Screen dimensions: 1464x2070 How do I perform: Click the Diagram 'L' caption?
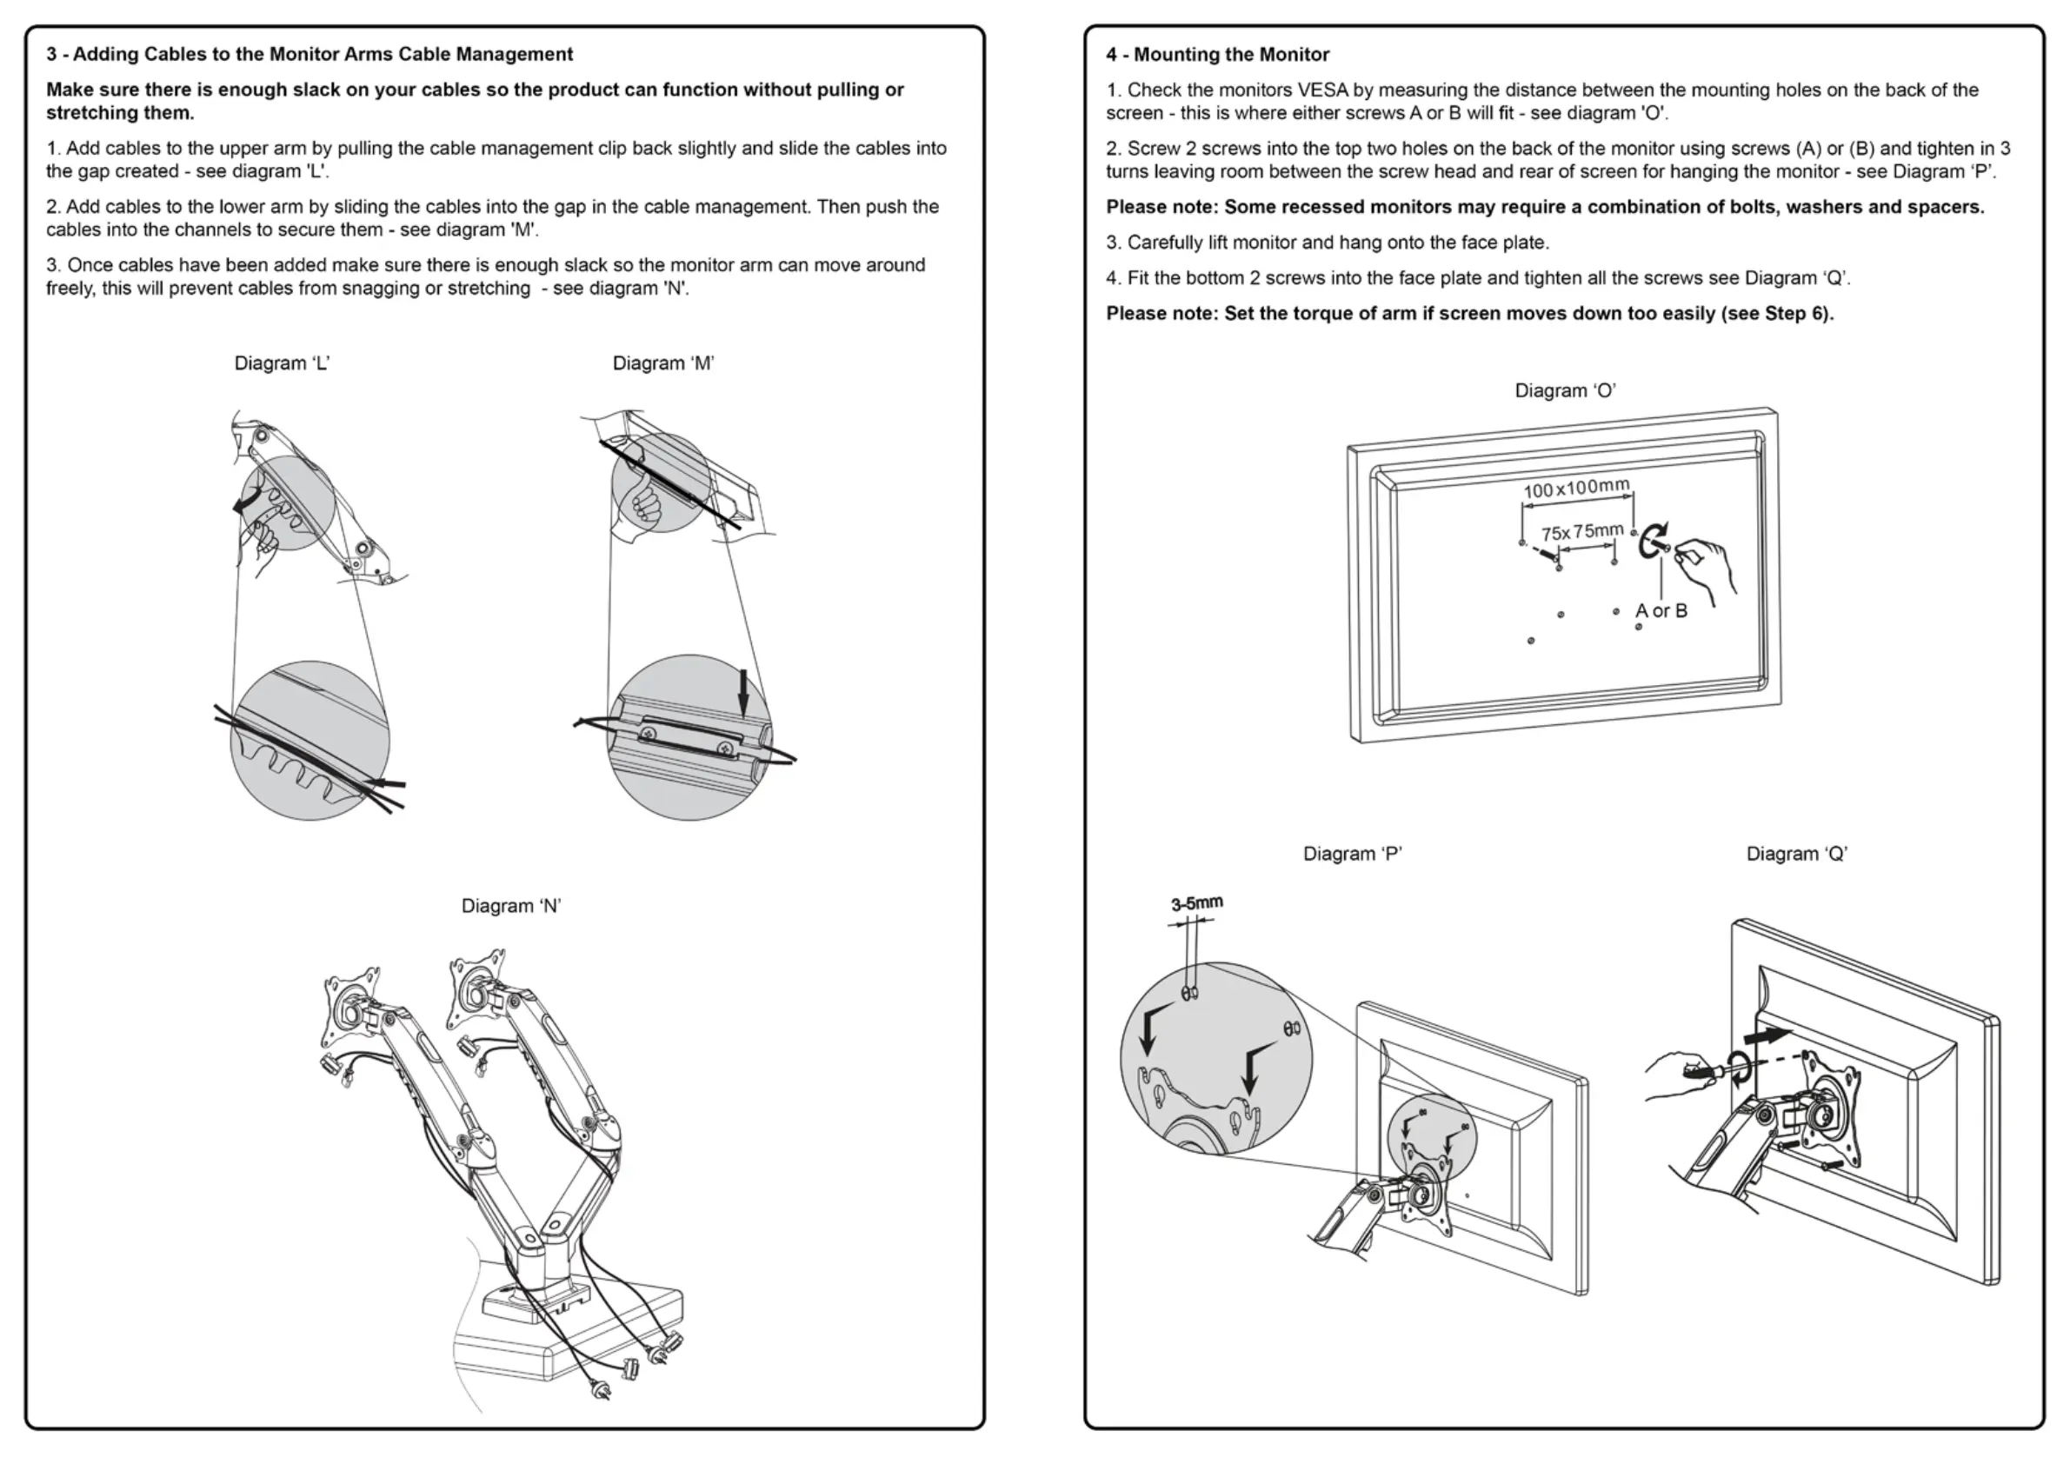click(x=283, y=363)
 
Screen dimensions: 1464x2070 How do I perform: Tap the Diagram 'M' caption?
click(x=663, y=363)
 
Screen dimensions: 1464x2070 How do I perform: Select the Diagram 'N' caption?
click(x=511, y=906)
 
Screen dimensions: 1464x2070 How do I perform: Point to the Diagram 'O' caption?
click(x=1565, y=390)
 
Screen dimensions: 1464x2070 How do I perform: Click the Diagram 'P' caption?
click(x=1353, y=854)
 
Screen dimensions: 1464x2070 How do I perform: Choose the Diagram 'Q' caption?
click(x=1797, y=854)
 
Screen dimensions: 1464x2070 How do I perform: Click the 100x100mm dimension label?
click(x=1577, y=488)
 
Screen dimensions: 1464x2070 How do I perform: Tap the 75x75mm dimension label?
click(x=1582, y=532)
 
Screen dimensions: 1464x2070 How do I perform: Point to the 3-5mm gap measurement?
click(x=1196, y=903)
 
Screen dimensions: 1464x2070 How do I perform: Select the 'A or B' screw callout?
click(x=1661, y=611)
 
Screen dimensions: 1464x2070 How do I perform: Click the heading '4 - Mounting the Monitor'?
click(x=1217, y=54)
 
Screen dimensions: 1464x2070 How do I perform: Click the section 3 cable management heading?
click(x=310, y=54)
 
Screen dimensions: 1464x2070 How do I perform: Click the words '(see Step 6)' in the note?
click(x=1777, y=314)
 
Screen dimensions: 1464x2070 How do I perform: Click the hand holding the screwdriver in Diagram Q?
click(x=1677, y=1074)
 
